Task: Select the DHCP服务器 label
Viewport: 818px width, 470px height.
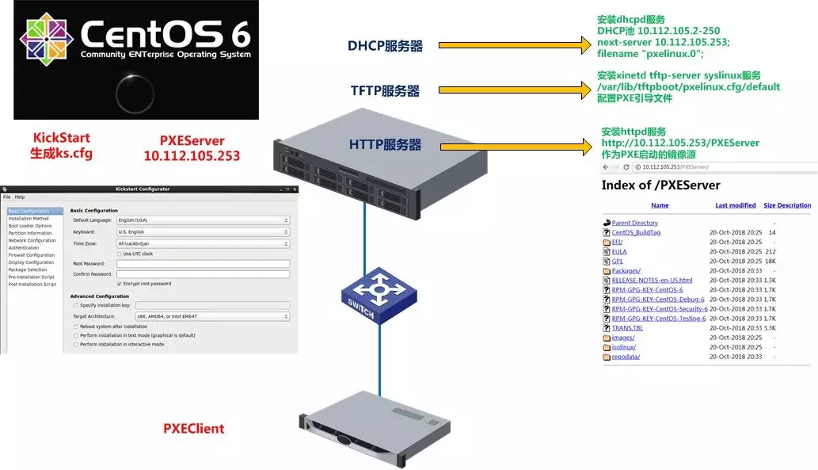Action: (385, 46)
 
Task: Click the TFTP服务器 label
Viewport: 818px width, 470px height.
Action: (385, 91)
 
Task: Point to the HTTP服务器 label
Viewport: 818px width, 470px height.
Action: (385, 145)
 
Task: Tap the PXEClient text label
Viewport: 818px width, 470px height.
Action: (194, 429)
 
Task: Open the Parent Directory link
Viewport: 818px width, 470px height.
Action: (634, 224)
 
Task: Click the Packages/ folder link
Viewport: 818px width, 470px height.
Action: (626, 271)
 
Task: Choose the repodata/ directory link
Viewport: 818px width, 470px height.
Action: (626, 357)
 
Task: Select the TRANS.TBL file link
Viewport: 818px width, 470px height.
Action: (627, 328)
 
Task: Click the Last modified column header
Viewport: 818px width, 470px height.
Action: (736, 205)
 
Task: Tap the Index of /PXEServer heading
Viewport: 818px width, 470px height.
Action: (661, 185)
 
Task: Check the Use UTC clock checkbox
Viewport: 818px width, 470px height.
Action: (119, 254)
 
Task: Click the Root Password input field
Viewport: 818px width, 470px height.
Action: (203, 264)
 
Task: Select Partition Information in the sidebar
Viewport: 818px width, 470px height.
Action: (30, 233)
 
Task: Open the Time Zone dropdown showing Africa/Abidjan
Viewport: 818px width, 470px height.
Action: (203, 243)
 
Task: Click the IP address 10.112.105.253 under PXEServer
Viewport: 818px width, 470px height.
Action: (192, 156)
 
